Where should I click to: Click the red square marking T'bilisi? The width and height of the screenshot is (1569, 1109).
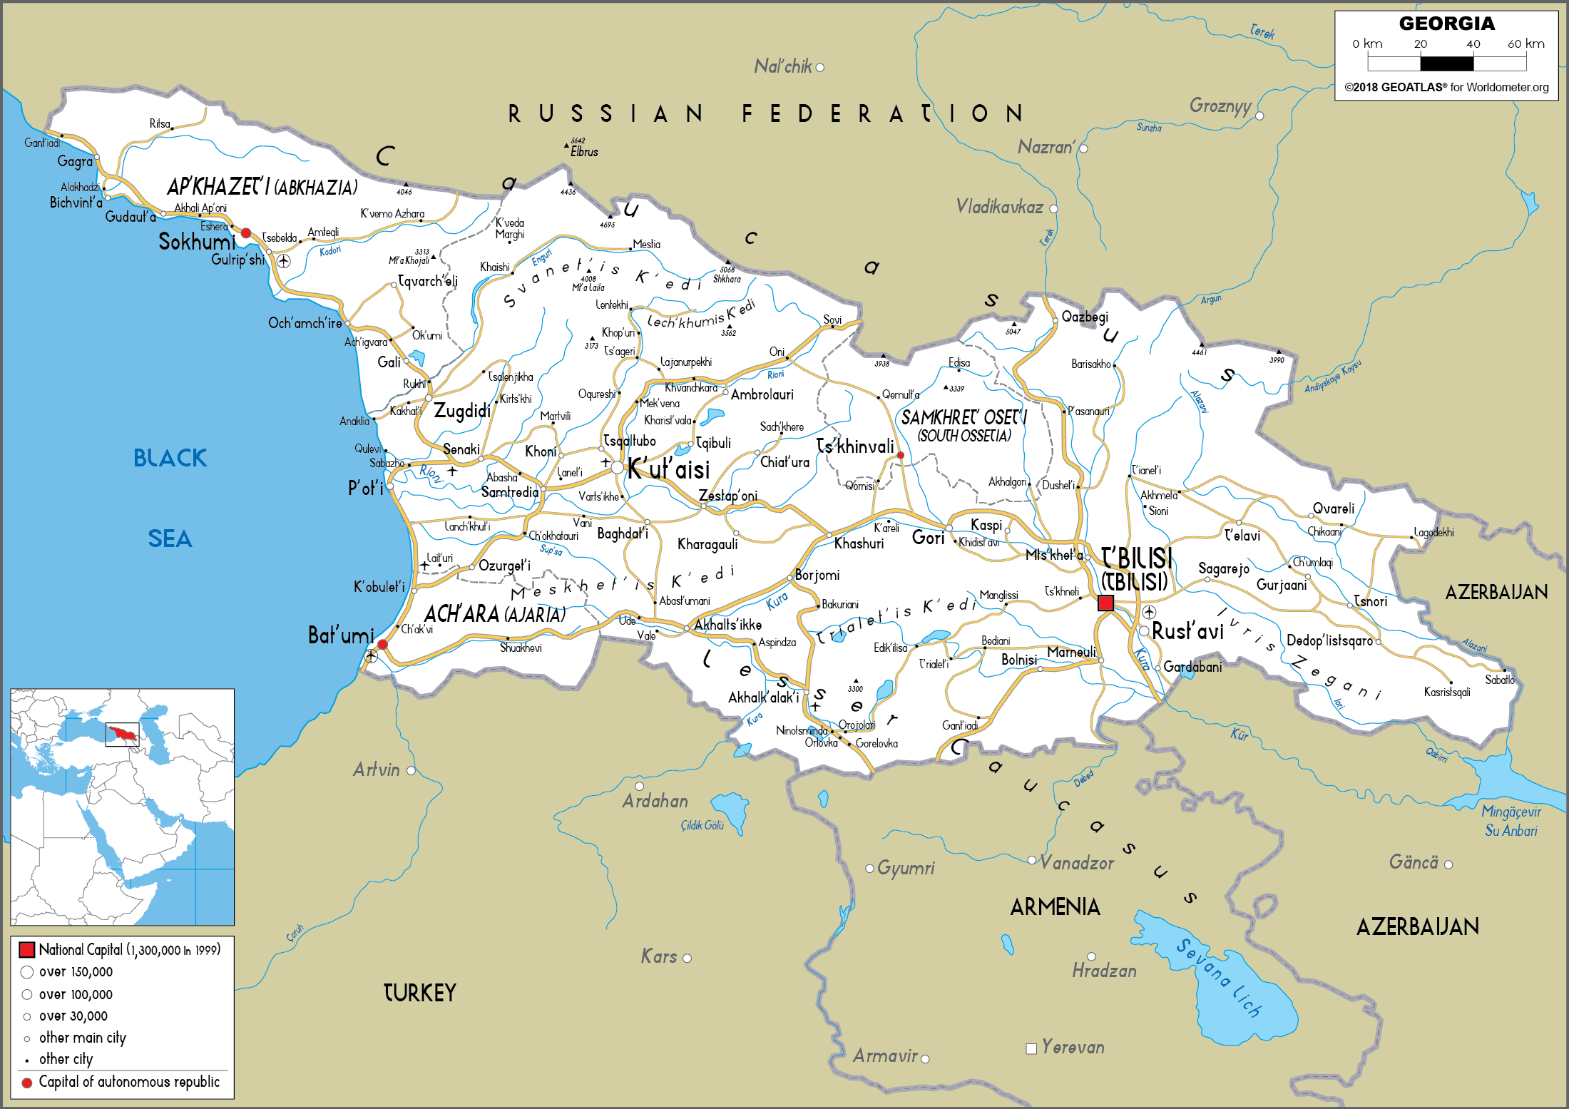click(x=1105, y=603)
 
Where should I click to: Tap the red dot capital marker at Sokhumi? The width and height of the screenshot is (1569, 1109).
click(x=246, y=233)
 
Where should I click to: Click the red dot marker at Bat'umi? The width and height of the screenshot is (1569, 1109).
click(x=382, y=645)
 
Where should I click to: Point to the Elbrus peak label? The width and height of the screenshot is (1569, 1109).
click(x=584, y=152)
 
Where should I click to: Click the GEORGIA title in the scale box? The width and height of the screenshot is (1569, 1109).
click(x=1446, y=24)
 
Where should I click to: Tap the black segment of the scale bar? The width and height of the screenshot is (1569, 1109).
click(x=1446, y=63)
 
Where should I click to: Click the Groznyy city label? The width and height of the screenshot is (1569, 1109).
click(x=1220, y=106)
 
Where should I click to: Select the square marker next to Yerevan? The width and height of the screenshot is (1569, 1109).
click(x=1031, y=1048)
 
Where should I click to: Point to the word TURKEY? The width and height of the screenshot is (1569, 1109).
click(x=419, y=993)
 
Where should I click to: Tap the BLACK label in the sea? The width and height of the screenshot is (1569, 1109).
click(x=170, y=458)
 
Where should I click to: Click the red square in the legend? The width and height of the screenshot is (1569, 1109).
click(x=27, y=949)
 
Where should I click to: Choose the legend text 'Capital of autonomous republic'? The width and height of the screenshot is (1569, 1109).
click(x=129, y=1082)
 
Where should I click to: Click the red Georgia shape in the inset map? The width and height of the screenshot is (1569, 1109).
click(x=122, y=732)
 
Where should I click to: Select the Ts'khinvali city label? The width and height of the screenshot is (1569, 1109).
click(x=854, y=446)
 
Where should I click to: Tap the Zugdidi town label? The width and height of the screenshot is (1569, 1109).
click(x=462, y=411)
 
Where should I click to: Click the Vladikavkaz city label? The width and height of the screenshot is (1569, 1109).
click(x=999, y=208)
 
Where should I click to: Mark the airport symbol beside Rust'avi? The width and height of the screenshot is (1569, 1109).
click(x=1149, y=612)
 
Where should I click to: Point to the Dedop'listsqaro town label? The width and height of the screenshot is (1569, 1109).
click(x=1329, y=640)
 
